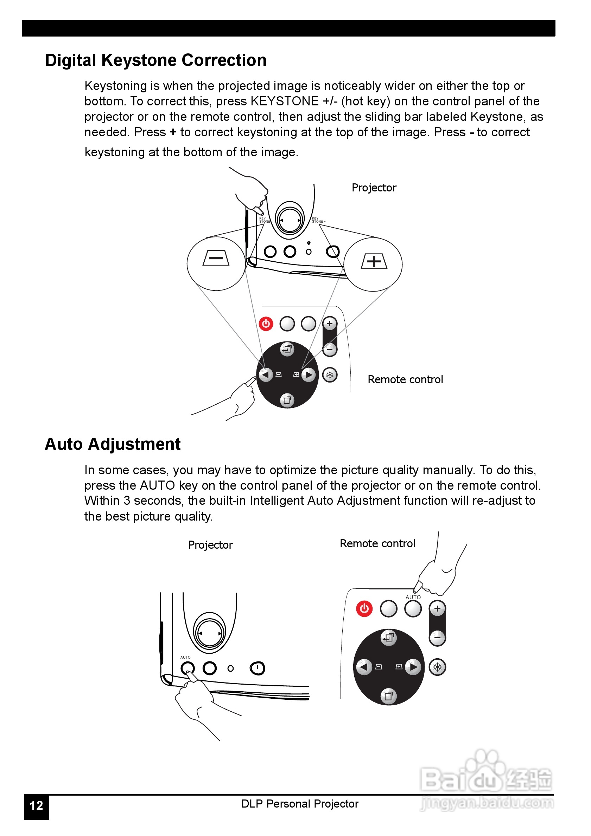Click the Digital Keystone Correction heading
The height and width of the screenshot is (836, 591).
point(156,60)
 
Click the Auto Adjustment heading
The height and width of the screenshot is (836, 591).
point(112,444)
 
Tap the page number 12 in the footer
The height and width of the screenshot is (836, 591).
point(37,805)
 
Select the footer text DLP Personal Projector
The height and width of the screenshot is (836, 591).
point(300,804)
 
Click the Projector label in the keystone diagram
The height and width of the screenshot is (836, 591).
point(374,188)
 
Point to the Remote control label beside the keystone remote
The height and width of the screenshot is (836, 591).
point(405,379)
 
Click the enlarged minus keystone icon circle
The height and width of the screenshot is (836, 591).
point(216,263)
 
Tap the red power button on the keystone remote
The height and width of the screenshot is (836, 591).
point(266,324)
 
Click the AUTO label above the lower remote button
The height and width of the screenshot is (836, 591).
point(413,597)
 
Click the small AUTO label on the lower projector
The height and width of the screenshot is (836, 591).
point(185,657)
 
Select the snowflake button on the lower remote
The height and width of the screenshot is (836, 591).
point(437,667)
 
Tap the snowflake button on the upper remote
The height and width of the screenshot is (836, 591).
point(330,375)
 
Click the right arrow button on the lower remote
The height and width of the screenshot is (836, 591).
point(413,667)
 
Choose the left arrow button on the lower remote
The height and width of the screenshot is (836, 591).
point(363,667)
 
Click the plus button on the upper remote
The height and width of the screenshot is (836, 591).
point(330,323)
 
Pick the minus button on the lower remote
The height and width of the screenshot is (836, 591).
point(437,638)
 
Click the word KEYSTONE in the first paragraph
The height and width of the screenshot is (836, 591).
point(284,101)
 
